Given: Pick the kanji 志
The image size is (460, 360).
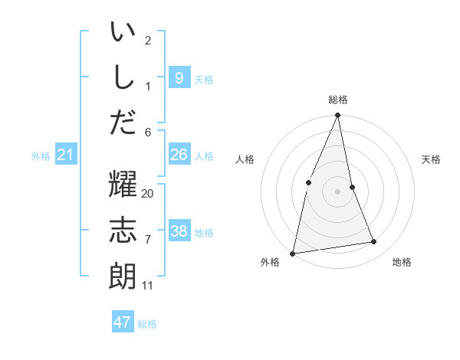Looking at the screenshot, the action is [x=123, y=231].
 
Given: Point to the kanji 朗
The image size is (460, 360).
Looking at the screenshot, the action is [x=123, y=275].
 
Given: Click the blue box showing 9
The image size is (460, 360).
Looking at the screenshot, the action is [x=179, y=77].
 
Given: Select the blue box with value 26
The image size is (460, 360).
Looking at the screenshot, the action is [x=179, y=155].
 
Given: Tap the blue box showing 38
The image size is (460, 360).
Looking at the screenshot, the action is [x=179, y=231].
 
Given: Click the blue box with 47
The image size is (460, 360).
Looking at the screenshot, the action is [x=123, y=322].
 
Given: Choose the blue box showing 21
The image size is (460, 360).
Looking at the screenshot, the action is [x=66, y=155].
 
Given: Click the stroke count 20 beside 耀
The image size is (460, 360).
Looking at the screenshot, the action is [x=148, y=194].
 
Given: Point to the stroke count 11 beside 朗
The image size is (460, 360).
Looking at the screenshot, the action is [x=148, y=286].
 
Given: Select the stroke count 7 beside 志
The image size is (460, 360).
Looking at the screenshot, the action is [x=148, y=240].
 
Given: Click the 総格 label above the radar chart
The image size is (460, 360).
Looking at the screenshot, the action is [x=338, y=100].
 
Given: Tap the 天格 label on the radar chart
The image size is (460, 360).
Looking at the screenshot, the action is [x=431, y=159].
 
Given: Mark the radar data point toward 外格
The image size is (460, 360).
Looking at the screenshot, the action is [x=293, y=253].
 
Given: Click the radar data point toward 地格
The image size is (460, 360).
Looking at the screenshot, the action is [x=374, y=242].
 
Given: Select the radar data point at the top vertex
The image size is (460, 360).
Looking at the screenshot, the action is [x=338, y=116].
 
